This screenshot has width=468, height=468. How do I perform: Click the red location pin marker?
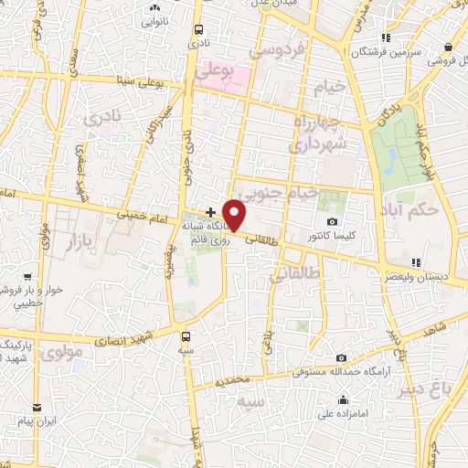[x=236, y=214]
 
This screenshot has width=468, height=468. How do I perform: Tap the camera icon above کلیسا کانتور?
[x=332, y=222]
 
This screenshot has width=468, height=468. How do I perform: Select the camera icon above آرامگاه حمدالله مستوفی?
[x=341, y=358]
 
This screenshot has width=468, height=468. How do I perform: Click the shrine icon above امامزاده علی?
[x=343, y=400]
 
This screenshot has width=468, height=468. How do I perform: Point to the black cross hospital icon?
[x=210, y=212]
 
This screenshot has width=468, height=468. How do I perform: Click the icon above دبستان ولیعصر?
[x=415, y=262]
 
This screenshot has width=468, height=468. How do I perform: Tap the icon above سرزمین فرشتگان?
[x=387, y=37]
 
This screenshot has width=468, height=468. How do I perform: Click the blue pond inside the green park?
[x=392, y=162]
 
